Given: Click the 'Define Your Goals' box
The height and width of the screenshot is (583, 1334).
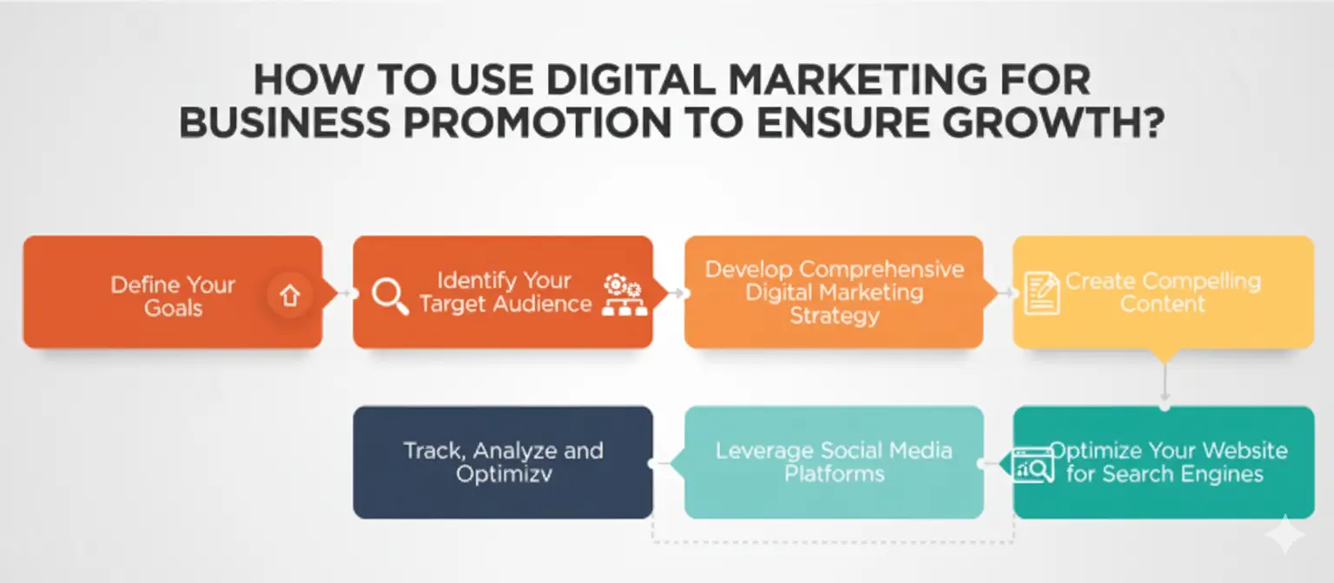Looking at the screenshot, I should pos(172,292).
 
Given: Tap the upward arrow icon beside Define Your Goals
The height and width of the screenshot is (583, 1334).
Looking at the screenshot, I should pos(289,296).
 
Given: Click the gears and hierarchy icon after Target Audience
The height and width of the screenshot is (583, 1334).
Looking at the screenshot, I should pos(624,295).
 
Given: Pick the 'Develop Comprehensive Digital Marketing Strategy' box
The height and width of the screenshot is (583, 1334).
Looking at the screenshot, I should pos(834,292).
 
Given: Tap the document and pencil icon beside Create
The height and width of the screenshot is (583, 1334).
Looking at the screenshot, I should pos(1042,291).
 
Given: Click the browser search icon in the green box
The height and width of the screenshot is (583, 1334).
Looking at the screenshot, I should pos(1034,465).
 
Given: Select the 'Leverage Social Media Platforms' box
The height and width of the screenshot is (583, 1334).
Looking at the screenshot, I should pos(834,462).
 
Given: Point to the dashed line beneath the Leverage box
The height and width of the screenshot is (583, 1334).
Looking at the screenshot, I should pos(834,542).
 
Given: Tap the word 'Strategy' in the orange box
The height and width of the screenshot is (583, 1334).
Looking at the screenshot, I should pos(834,315).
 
